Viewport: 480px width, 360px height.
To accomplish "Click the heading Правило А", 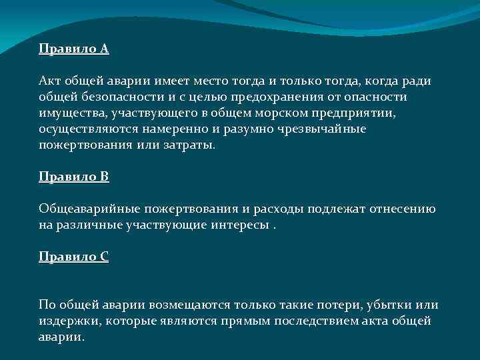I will [73, 49].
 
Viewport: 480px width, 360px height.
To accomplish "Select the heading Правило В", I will [73, 177].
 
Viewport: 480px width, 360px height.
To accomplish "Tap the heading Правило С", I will [73, 257].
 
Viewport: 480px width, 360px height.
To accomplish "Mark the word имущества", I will [73, 113].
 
